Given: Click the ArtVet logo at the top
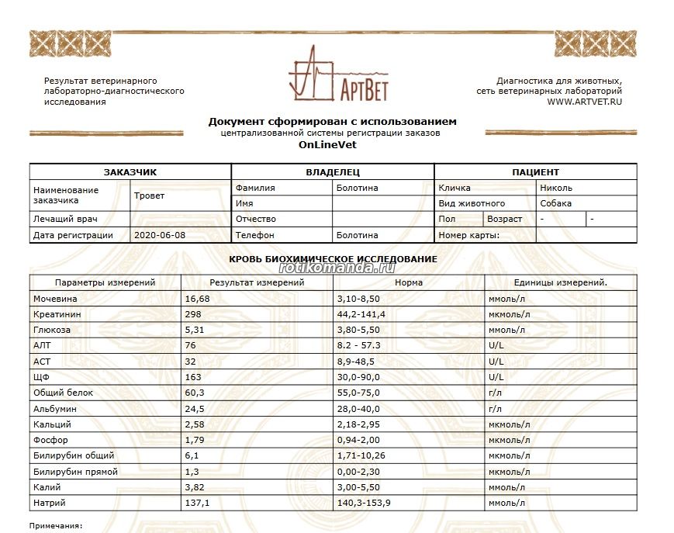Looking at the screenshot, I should point(337,75).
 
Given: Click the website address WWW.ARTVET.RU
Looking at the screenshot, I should point(584,102).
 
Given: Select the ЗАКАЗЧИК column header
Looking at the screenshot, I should point(130,172).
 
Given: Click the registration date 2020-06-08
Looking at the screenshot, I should point(160,235).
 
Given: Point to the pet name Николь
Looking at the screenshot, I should point(556,188).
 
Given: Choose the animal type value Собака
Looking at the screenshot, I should point(556,203).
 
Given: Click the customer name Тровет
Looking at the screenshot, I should point(150,196).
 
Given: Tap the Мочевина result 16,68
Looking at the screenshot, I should point(197,299).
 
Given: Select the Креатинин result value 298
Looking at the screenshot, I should point(193,314).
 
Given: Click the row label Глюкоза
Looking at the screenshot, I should point(51,330).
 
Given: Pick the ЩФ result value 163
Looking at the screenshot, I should point(193,377).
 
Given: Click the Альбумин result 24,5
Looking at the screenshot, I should point(195,409).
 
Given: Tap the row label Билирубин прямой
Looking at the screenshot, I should point(75,472).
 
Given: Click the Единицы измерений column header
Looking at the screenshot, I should point(561,282).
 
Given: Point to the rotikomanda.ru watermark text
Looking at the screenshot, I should point(341,268).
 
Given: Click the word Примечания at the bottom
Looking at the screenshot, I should point(55,526).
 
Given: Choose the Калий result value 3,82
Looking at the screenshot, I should point(195,487).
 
